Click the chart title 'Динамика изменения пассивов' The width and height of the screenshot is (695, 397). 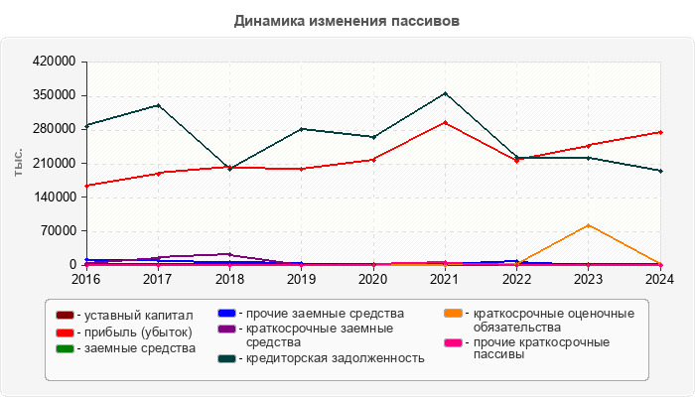pyautogui.click(x=347, y=20)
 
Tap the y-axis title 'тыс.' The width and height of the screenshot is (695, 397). pyautogui.click(x=19, y=163)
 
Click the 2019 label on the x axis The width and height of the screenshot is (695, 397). pyautogui.click(x=302, y=279)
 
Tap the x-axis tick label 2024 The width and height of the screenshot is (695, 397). pyautogui.click(x=659, y=279)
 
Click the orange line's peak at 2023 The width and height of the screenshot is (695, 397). pyautogui.click(x=589, y=225)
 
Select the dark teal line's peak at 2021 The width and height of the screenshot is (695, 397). pyautogui.click(x=445, y=93)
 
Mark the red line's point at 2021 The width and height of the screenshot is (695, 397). pyautogui.click(x=445, y=122)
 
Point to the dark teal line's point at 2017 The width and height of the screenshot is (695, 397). pyautogui.click(x=159, y=105)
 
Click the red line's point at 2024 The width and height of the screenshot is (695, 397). pyautogui.click(x=660, y=132)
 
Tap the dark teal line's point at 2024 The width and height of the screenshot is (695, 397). pyautogui.click(x=660, y=171)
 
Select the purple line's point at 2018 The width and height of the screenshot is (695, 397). pyautogui.click(x=230, y=254)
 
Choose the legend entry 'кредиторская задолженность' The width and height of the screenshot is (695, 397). pyautogui.click(x=335, y=358)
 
